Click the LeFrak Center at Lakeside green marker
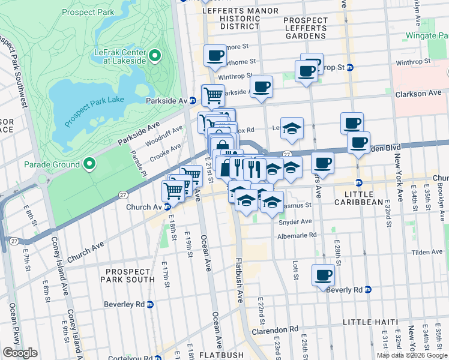pos(154,56)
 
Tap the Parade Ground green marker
pos(89,164)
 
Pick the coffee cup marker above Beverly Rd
pos(323,275)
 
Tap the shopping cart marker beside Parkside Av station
pos(212,95)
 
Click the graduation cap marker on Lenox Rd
pos(292,128)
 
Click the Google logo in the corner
pos(20,353)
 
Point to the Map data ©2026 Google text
pos(412,355)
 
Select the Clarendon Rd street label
pos(277,329)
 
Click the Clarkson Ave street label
pos(418,94)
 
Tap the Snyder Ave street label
pos(295,221)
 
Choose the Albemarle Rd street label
pos(297,236)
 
